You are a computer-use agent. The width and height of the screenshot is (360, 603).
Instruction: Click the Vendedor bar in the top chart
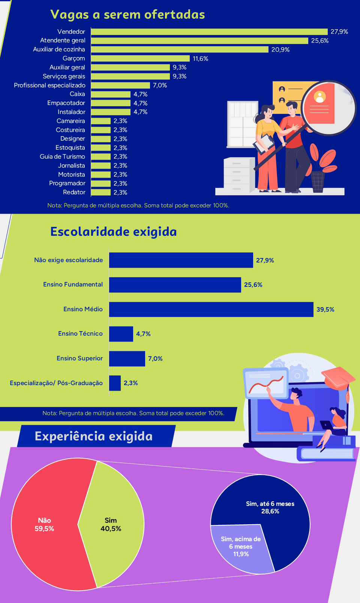point(209,32)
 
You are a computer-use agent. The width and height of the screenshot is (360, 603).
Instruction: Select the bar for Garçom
point(140,58)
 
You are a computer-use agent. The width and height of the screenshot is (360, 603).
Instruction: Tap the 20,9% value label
point(280,50)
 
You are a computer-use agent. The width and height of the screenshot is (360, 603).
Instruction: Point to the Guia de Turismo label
point(62,157)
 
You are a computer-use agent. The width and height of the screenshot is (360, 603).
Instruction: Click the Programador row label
point(67,183)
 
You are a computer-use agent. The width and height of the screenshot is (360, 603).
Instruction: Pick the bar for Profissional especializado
point(120,85)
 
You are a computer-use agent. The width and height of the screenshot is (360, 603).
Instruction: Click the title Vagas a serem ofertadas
point(127,15)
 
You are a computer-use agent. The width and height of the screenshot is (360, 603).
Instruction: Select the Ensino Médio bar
point(211,309)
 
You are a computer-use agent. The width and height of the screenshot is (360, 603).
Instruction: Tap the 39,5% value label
point(325,310)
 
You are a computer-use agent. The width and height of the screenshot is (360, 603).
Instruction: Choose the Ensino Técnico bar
point(121,334)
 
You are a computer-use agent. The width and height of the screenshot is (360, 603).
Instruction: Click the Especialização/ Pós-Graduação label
point(56,383)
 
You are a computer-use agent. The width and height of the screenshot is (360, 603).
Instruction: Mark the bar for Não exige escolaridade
point(181,260)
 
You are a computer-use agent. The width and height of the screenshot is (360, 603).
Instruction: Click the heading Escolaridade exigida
point(113,232)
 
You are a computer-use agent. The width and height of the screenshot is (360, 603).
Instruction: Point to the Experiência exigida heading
point(94,436)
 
